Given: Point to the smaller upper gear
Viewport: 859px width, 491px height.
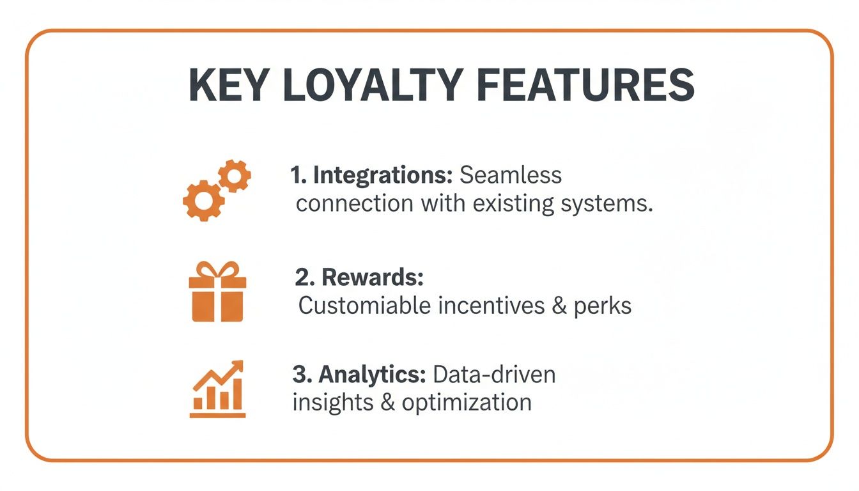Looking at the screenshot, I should point(235,176).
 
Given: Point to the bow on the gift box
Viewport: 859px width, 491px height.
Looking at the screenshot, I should point(217,269).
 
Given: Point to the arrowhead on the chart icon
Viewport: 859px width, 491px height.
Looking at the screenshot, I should point(238,366).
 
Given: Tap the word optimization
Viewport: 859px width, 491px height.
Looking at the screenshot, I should point(467,403).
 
